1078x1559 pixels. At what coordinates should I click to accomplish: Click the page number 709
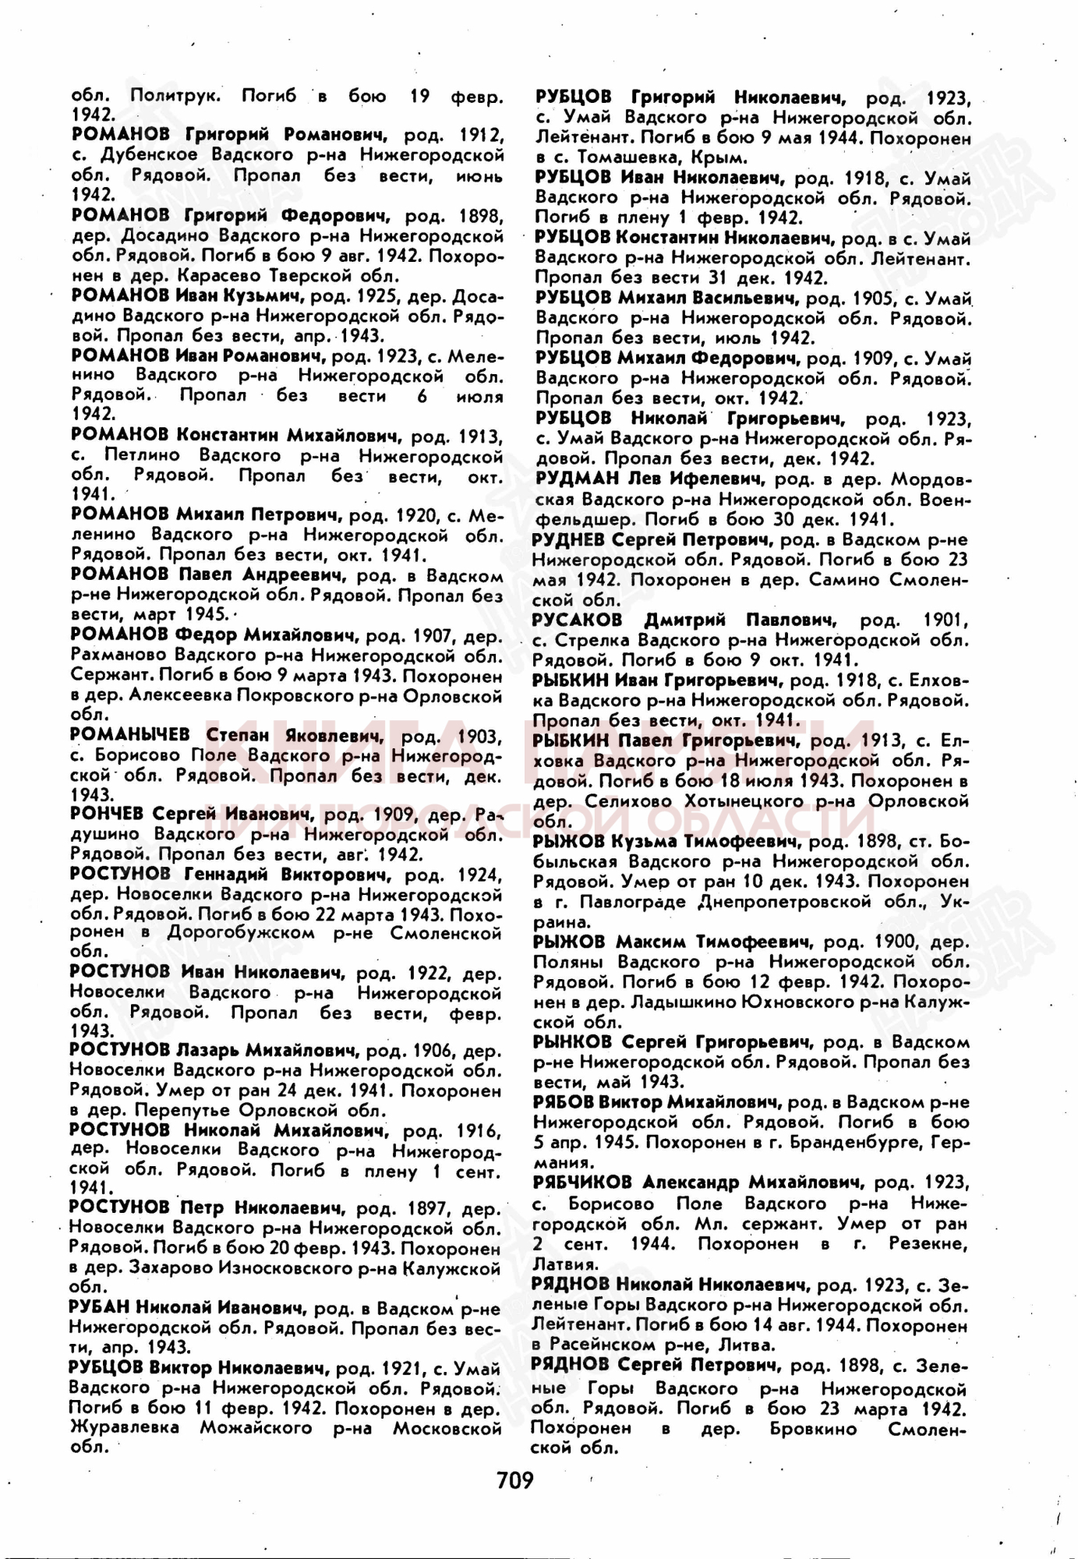coord(515,1479)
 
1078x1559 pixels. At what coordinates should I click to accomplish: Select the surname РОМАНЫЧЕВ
coord(129,734)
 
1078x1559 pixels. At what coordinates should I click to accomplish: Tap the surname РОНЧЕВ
coord(107,814)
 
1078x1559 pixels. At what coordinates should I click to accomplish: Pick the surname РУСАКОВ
coord(578,620)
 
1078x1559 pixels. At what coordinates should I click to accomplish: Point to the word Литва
coord(749,1345)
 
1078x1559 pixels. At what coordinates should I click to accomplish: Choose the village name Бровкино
coord(813,1429)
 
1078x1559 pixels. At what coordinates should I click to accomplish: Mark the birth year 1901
coord(945,620)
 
